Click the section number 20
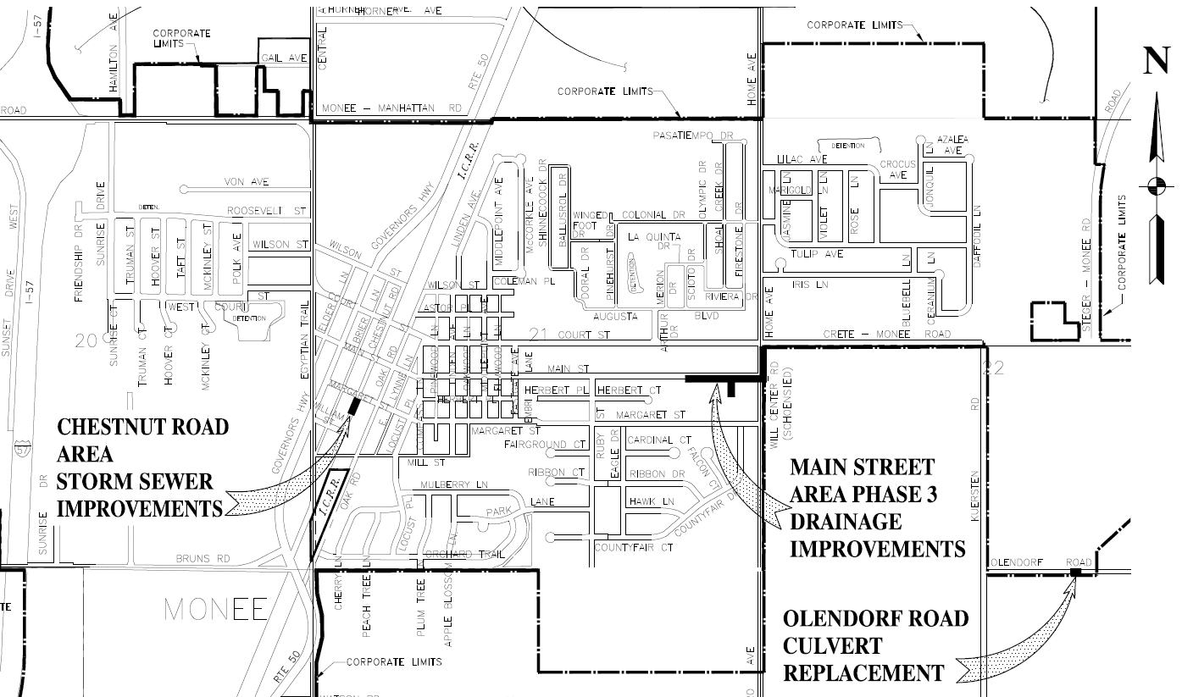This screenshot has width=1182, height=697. pyautogui.click(x=86, y=341)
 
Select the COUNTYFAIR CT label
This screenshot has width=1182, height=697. pyautogui.click(x=633, y=548)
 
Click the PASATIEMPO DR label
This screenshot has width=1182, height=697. pyautogui.click(x=692, y=135)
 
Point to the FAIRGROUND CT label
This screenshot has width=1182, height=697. pyautogui.click(x=546, y=444)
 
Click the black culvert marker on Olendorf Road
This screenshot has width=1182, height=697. pyautogui.click(x=1074, y=573)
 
